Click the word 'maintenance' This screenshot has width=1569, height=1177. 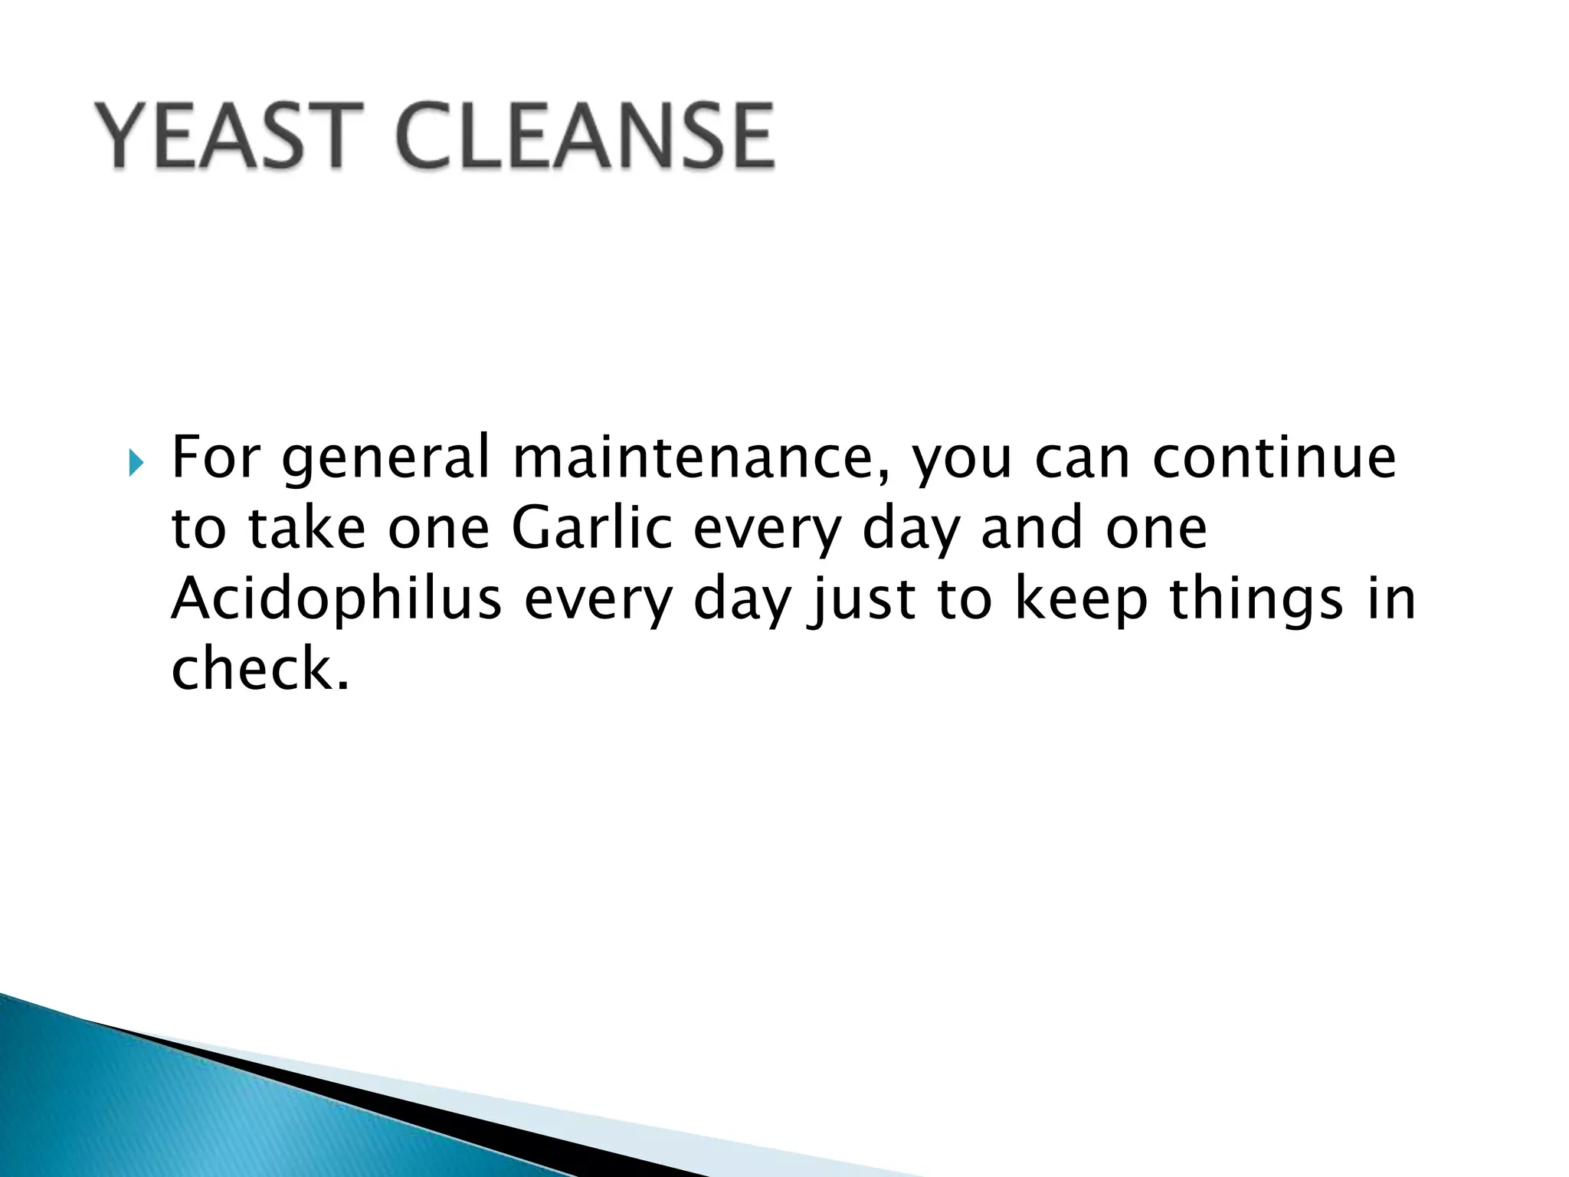click(693, 457)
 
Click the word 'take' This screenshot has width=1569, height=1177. click(306, 528)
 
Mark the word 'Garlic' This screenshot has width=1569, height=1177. click(592, 528)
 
